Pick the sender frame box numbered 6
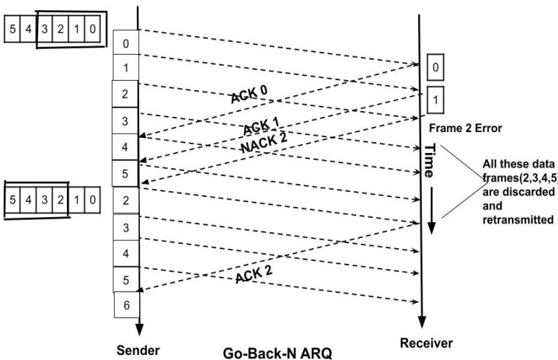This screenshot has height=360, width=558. [x=126, y=305]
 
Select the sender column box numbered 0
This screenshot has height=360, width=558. [x=126, y=43]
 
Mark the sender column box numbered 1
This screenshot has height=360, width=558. [x=126, y=69]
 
